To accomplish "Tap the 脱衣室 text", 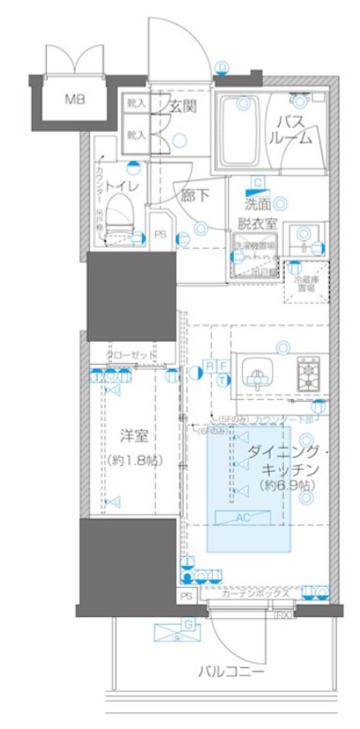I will [x=257, y=224].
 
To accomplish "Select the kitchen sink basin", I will [x=256, y=371].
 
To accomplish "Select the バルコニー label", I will [x=231, y=671].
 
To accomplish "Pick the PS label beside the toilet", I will [x=160, y=235].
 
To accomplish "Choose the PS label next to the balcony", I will [x=186, y=596].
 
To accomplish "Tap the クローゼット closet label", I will [x=131, y=356].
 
